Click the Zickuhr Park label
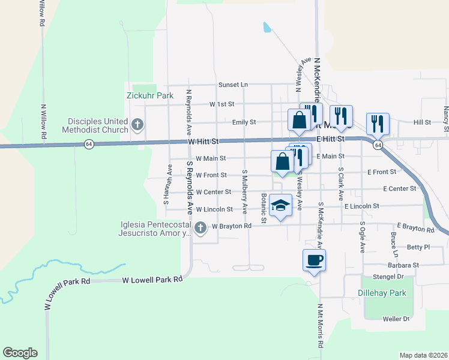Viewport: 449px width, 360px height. (x=149, y=95)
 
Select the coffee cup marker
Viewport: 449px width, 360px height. (x=314, y=260)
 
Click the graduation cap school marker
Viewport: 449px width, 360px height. (x=280, y=206)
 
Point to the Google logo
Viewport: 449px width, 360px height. (x=20, y=353)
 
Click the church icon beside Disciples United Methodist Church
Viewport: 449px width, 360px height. (x=137, y=125)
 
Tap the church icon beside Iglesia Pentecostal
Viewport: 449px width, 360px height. (x=200, y=227)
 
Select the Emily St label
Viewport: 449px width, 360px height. (x=244, y=122)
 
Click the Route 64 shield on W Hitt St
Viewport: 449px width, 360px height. (x=89, y=144)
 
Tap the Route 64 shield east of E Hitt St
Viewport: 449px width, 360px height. (x=378, y=145)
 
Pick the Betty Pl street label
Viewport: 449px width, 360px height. (x=418, y=247)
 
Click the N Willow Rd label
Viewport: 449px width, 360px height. (x=43, y=122)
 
